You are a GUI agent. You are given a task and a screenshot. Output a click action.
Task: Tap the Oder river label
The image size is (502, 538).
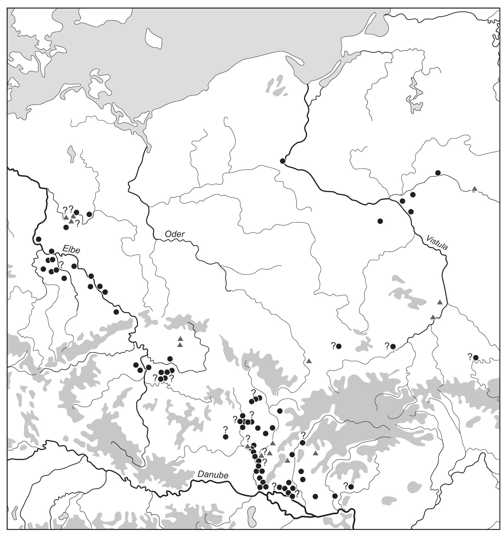175,234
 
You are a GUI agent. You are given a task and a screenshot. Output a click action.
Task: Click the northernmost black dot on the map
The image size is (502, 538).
283,161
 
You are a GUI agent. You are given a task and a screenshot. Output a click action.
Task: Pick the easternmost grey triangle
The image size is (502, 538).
475,189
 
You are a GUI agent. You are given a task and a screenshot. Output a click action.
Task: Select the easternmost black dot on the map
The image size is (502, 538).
476,357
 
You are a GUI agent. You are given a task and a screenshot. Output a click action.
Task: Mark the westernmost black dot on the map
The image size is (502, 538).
38,239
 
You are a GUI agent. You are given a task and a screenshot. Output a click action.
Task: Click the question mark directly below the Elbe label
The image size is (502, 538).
62,264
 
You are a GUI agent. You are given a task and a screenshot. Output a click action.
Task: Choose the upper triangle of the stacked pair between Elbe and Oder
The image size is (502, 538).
180,338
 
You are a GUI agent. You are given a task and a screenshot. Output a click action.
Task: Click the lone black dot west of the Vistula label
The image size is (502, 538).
380,221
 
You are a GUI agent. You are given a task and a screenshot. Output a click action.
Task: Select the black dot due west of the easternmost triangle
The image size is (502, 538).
438,173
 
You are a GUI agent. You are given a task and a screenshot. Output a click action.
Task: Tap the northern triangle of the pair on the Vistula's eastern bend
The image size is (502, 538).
440,302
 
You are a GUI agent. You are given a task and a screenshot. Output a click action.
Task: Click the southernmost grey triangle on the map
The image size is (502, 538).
287,461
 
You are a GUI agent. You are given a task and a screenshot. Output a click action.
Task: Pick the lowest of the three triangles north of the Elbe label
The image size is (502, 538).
71,221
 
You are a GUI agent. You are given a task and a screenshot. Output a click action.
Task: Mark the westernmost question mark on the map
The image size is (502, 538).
62,264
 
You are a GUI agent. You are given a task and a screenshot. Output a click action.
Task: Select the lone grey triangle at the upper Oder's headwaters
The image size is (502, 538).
309,361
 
